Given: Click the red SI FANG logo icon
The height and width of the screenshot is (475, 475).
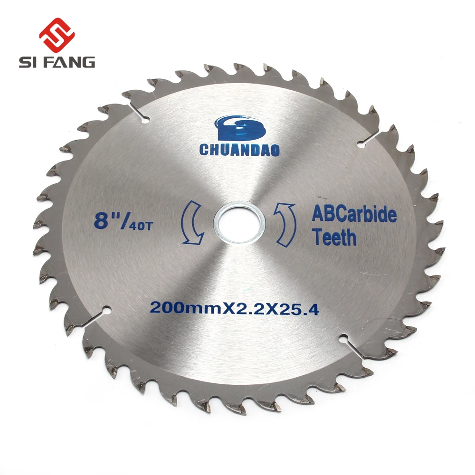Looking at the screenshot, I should [x=57, y=35].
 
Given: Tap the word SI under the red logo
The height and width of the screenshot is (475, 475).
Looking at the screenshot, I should [x=28, y=62].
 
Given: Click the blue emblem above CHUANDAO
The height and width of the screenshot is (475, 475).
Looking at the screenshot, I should [x=240, y=128].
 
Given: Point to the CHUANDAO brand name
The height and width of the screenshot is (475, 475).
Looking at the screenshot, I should [x=239, y=150].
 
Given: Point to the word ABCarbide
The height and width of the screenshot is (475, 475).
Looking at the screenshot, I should [x=354, y=215].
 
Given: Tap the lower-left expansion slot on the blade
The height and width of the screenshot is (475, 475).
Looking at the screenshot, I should [x=97, y=316].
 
